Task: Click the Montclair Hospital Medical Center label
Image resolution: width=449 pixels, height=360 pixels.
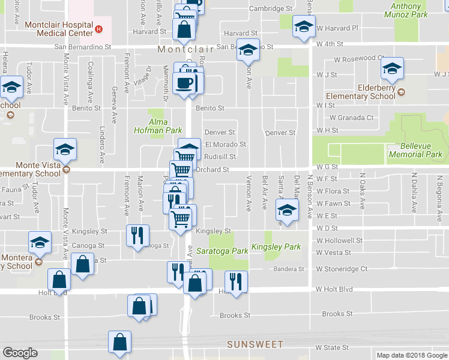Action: tap(59, 29)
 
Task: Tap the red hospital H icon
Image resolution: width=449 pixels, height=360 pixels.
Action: tap(100, 29)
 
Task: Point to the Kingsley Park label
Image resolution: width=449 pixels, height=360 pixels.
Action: tap(276, 247)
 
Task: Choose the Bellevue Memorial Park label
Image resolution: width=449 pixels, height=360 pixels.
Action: tap(415, 150)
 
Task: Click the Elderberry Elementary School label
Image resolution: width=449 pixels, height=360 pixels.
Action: tap(361, 92)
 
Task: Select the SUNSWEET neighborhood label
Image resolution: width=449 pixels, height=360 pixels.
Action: tap(255, 344)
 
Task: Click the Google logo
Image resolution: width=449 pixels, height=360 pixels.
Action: tap(20, 353)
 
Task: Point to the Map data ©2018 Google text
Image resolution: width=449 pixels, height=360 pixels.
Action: tap(412, 355)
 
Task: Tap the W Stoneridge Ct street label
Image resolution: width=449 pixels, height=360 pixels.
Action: tap(341, 269)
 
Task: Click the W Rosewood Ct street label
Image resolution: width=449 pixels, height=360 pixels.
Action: tap(360, 59)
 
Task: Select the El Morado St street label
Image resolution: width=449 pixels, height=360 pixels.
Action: tap(226, 145)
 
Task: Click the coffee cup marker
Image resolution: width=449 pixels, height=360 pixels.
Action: tap(185, 83)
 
